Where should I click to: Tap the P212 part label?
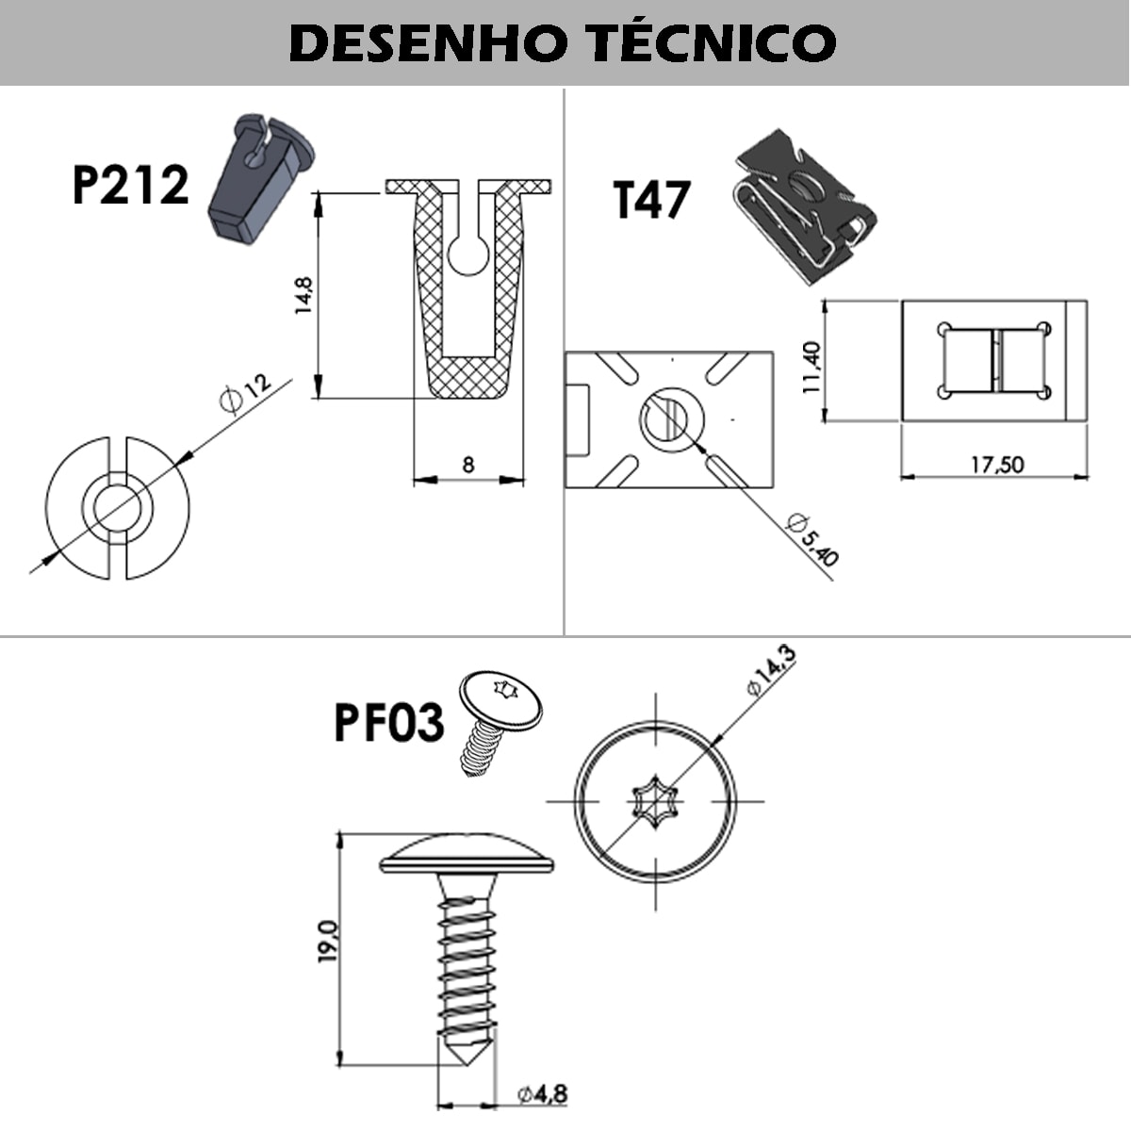(130, 185)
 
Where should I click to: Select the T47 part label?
(652, 200)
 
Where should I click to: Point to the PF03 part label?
(388, 723)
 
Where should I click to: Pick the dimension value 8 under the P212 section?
(468, 465)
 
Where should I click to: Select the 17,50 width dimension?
(997, 464)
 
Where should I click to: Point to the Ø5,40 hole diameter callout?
(812, 539)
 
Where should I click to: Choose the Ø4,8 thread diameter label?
(542, 1094)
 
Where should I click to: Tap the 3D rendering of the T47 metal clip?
(804, 205)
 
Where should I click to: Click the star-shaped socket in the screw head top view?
(655, 803)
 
